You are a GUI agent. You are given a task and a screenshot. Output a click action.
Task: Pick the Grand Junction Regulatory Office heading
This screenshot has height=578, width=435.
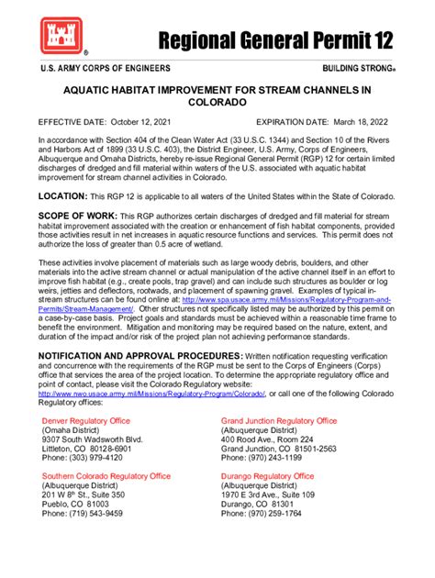coord(279,420)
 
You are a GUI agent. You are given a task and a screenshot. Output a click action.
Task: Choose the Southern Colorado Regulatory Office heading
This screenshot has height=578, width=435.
coord(106,476)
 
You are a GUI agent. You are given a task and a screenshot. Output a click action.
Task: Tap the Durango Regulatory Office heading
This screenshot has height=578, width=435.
coord(267,476)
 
